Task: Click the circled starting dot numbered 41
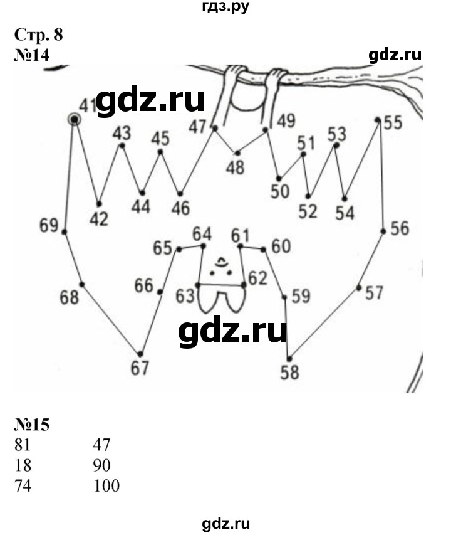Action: coord(75,120)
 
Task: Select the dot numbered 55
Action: coord(378,120)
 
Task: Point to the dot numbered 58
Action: coord(289,359)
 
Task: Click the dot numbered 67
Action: coord(140,354)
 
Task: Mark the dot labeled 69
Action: coord(64,232)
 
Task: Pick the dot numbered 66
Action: coord(160,292)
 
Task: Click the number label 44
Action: coord(141,206)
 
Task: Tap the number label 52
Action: coord(308,211)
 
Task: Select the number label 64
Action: coord(202,234)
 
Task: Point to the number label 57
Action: coord(375,293)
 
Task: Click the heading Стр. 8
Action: coord(38,34)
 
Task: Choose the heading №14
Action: coord(32,55)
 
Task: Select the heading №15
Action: coord(32,425)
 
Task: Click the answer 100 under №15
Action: coord(106,485)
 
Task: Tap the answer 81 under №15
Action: coord(23,445)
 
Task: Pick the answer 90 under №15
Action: coord(101,465)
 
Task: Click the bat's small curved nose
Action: coord(221,262)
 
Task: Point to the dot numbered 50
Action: coord(279,179)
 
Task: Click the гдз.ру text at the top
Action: coord(225,6)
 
